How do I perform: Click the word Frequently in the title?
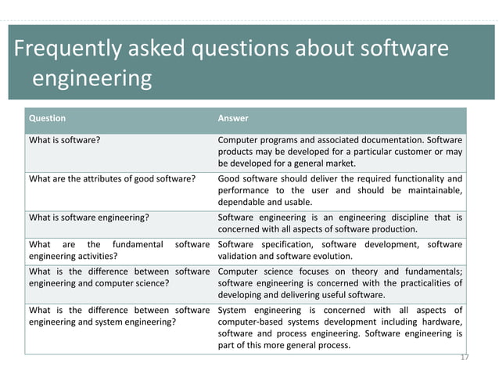click(64, 49)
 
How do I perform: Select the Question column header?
click(47, 118)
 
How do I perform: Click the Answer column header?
click(233, 118)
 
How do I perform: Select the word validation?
click(239, 255)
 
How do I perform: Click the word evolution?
click(335, 255)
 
